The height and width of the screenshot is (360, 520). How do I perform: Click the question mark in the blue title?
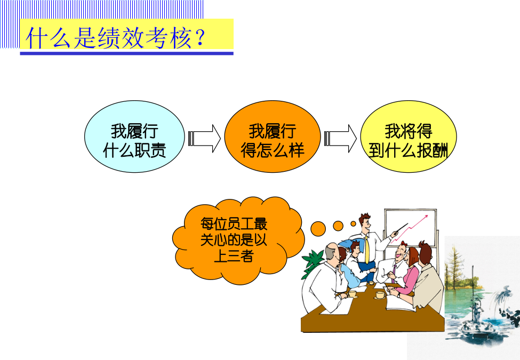(199, 37)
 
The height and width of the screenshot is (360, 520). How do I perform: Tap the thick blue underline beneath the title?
(127, 53)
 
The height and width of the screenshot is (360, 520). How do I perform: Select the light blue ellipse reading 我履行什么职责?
(134, 137)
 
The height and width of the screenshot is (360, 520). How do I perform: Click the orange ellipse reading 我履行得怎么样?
(273, 137)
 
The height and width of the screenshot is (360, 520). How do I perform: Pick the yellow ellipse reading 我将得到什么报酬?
(408, 137)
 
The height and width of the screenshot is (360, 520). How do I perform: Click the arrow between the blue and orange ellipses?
(204, 139)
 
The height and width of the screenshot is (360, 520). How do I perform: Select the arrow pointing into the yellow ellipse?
(340, 139)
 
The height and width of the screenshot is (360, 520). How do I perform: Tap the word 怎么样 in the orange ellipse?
(280, 150)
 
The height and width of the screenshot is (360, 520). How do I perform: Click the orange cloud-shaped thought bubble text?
(234, 239)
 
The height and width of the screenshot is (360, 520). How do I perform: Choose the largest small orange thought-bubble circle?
(318, 228)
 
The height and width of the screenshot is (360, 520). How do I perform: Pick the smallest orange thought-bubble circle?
(353, 224)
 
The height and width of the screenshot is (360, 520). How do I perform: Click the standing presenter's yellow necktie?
(367, 250)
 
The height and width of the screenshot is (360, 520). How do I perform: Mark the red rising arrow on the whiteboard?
(409, 229)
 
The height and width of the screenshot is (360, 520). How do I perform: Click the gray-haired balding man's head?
(332, 252)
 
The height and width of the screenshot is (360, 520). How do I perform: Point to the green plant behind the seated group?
(312, 263)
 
